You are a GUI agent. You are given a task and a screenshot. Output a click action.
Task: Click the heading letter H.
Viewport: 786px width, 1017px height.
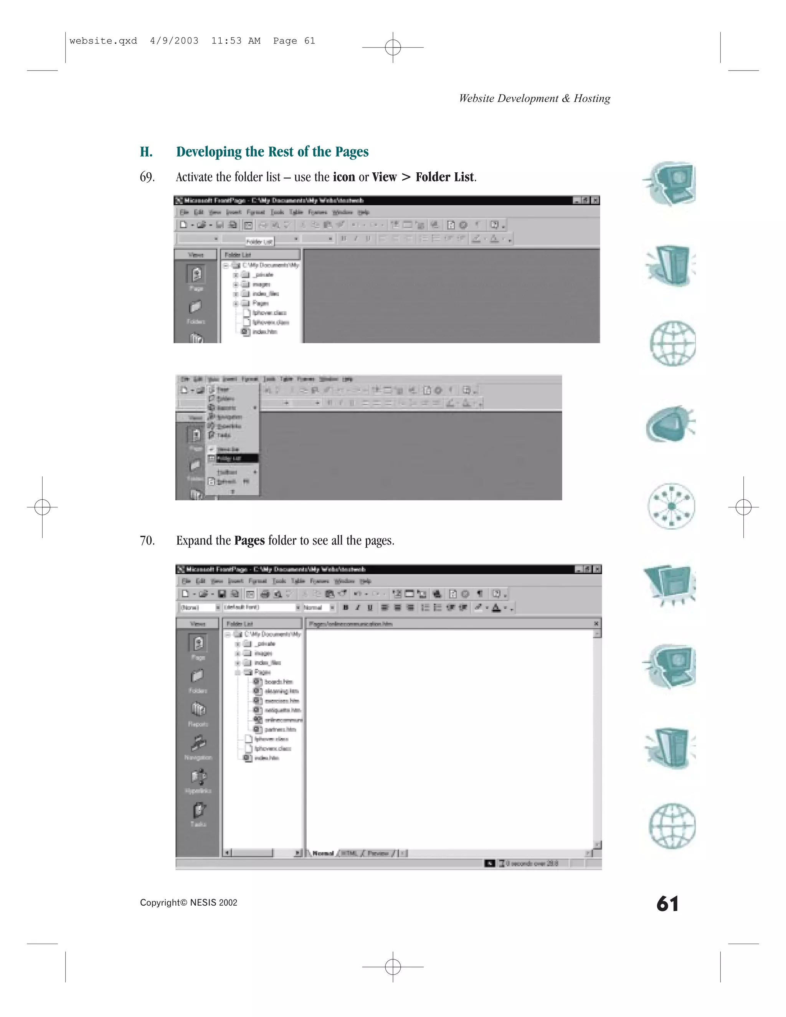coord(146,152)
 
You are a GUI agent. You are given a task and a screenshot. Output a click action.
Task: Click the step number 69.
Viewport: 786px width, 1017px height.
coord(147,177)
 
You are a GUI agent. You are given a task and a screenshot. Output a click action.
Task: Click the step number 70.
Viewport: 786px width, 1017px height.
coord(147,541)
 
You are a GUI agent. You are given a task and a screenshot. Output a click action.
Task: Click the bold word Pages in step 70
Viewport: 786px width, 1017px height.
coord(249,541)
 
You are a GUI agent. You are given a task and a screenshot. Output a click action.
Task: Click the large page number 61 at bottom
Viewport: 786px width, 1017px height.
coord(667,904)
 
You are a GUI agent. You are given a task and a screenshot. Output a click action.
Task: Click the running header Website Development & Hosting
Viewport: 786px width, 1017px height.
coord(534,98)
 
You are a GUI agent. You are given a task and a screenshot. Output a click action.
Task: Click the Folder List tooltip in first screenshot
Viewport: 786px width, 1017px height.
coord(259,241)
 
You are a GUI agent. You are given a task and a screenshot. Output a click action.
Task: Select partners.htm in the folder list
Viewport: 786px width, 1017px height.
coord(280,729)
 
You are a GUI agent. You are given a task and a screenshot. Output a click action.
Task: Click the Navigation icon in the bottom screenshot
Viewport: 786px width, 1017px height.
coord(198,745)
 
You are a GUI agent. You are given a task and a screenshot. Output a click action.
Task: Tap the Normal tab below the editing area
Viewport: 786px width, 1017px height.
coord(323,853)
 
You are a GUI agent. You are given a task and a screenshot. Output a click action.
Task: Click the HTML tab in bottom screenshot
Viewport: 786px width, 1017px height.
coord(349,853)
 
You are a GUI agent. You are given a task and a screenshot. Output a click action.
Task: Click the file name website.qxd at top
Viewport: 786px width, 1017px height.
coord(103,41)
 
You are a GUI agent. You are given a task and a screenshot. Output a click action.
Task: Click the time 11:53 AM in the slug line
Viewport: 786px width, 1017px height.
coord(236,41)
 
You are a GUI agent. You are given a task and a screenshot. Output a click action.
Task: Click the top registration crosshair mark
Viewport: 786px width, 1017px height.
coord(393,47)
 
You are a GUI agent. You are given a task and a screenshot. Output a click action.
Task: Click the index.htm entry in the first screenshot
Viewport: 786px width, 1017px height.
coord(264,332)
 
